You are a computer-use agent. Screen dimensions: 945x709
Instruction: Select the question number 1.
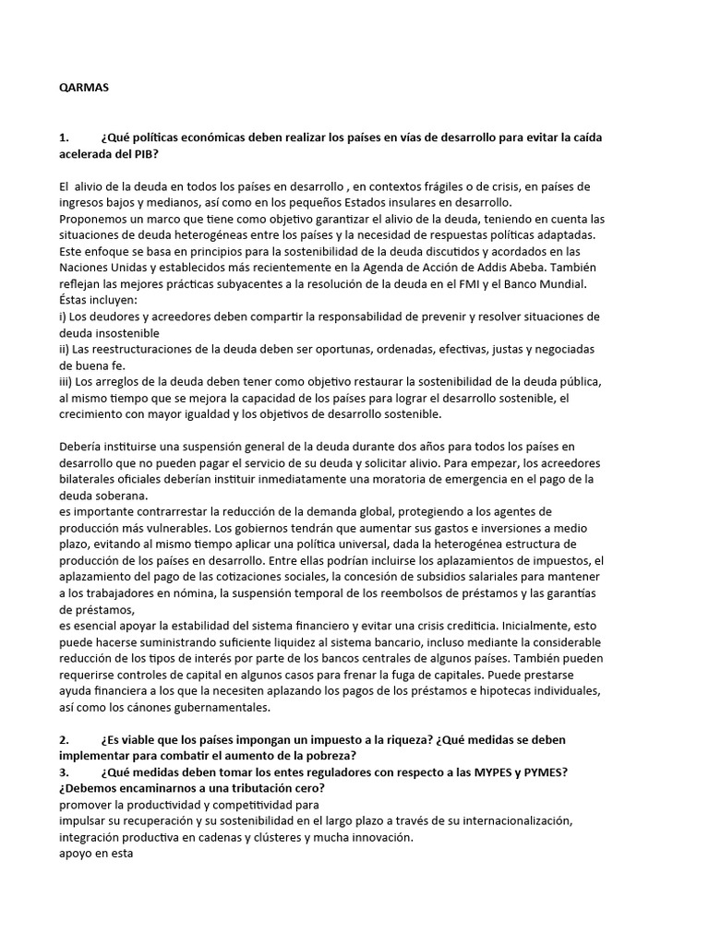[63, 138]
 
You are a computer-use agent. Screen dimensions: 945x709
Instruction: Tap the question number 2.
[63, 740]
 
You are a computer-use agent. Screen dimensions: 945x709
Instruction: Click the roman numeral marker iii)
[66, 380]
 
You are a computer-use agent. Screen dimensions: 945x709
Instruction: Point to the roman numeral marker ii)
[65, 349]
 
